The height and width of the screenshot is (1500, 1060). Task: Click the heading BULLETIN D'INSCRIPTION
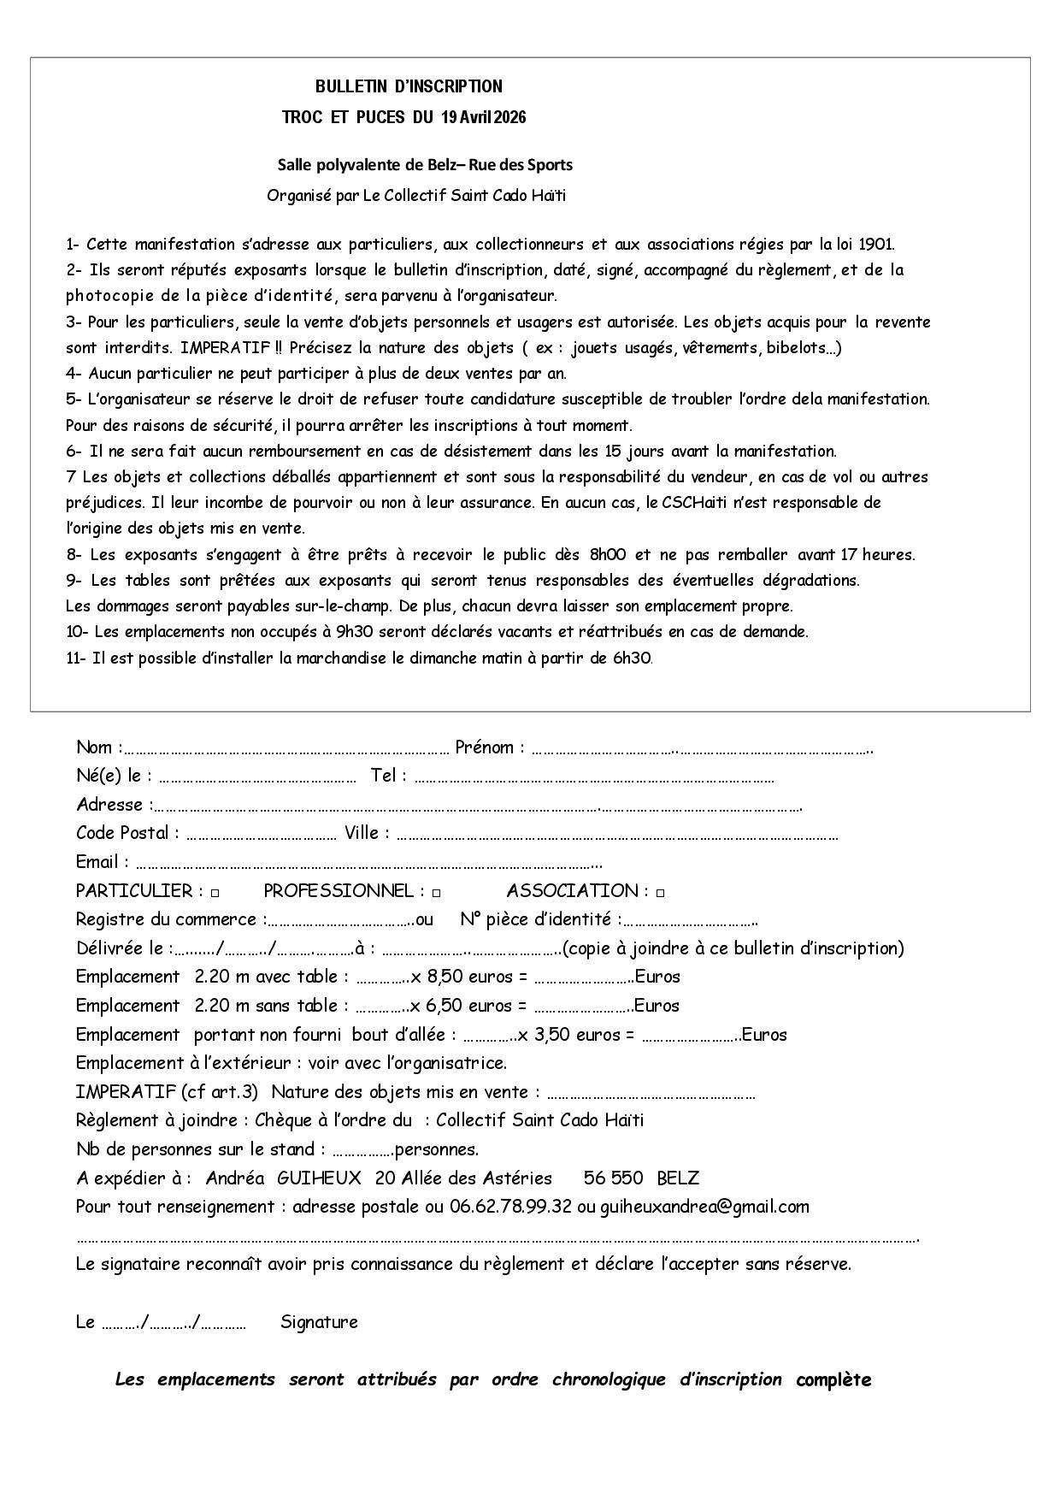coord(409,86)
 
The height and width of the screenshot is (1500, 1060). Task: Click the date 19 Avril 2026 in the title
coord(483,118)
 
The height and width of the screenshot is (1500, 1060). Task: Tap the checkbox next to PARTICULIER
coord(215,893)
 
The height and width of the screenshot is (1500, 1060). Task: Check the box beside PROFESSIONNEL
coord(436,893)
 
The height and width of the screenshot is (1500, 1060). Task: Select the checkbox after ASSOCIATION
coord(661,893)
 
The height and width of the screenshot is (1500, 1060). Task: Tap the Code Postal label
coord(127,833)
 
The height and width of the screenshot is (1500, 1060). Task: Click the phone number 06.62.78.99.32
coord(510,1207)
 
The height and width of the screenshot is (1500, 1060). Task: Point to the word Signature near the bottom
coord(319,1322)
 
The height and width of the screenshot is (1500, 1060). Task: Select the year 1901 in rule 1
coord(876,245)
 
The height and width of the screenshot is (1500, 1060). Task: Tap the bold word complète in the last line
coord(833,1379)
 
